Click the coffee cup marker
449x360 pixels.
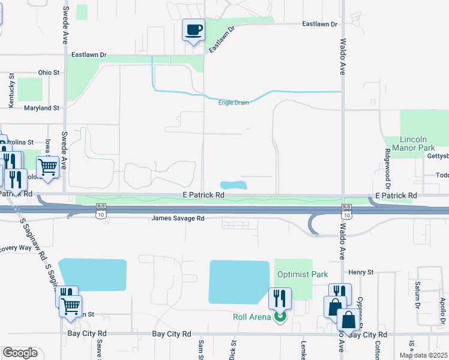pos(193,29)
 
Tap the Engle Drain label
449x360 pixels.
pos(234,103)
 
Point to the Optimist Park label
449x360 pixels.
pos(303,274)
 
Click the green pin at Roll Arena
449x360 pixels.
pos(279,316)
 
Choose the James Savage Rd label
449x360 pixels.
pos(178,218)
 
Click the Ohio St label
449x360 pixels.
pos(49,73)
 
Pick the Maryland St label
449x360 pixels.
pos(41,108)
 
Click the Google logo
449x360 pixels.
pos(20,353)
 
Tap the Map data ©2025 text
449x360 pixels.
pos(423,355)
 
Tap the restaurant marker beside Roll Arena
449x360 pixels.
pos(280,298)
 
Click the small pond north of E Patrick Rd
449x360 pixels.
pos(234,184)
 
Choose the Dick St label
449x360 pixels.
pos(233,351)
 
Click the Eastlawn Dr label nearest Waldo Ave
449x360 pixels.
pos(320,24)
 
